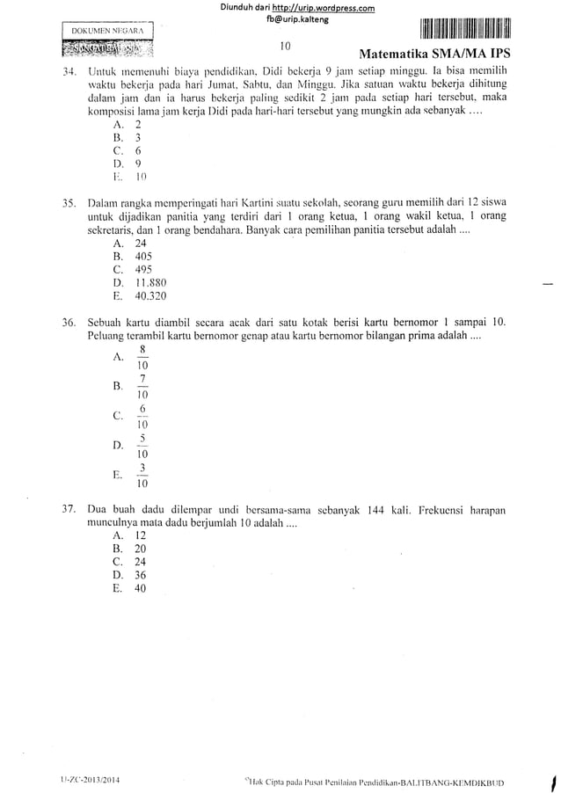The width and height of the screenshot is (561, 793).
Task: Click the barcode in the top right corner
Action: [x=468, y=28]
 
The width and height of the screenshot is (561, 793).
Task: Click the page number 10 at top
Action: [x=286, y=46]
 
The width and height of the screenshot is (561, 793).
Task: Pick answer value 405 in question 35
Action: [x=143, y=256]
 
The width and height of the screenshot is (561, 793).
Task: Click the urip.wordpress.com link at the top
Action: [x=326, y=9]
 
